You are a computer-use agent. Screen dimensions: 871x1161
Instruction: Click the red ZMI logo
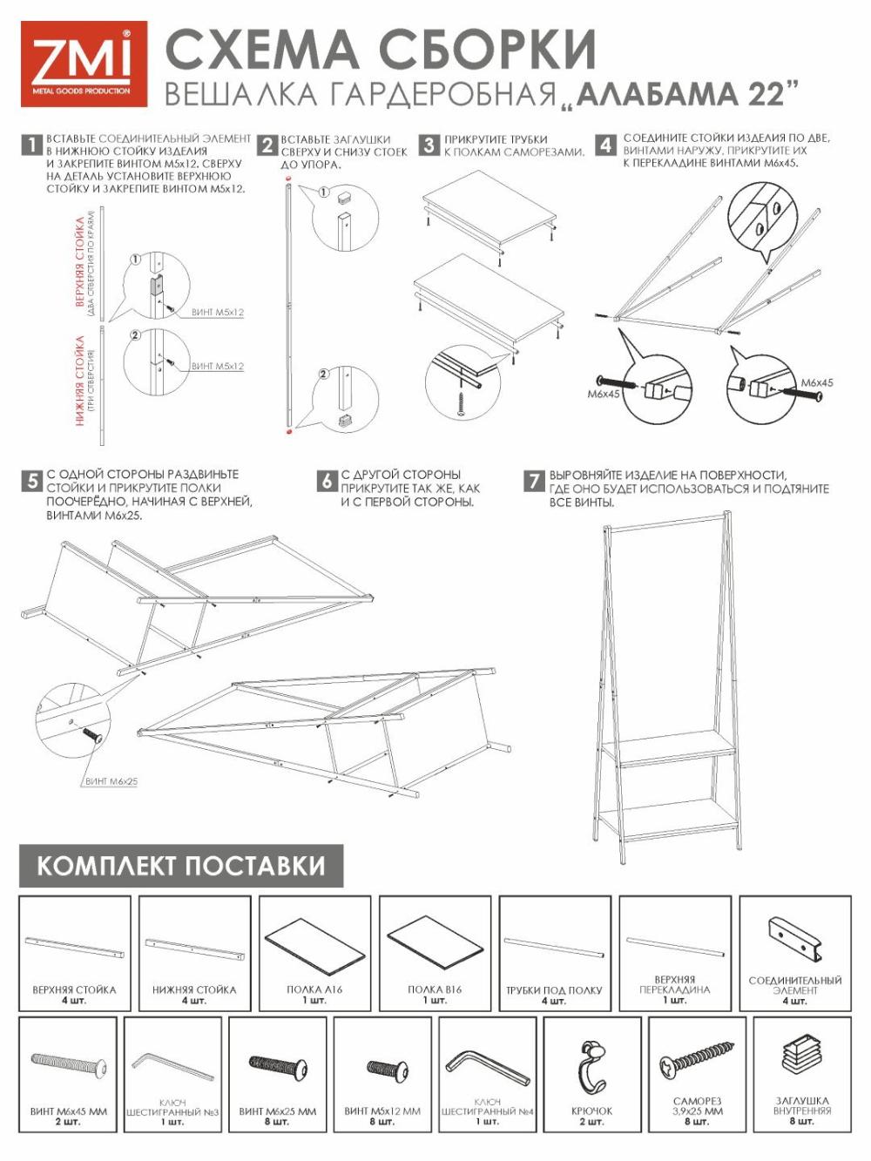click(84, 64)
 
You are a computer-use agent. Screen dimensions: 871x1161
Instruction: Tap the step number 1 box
click(31, 145)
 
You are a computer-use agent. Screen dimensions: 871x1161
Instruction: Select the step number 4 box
click(605, 145)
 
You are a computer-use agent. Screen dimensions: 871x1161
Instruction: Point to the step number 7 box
click(533, 481)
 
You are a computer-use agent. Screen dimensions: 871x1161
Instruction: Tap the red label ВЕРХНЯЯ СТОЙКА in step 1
click(80, 262)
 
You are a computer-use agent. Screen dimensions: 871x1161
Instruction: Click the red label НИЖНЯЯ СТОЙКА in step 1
click(80, 381)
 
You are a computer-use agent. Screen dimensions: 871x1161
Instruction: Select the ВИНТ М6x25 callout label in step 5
click(111, 781)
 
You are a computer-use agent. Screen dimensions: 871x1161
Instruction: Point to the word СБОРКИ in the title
click(487, 51)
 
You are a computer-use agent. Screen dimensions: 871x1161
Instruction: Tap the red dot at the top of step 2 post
click(287, 179)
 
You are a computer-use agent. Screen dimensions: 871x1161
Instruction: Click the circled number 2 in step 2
click(324, 375)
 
